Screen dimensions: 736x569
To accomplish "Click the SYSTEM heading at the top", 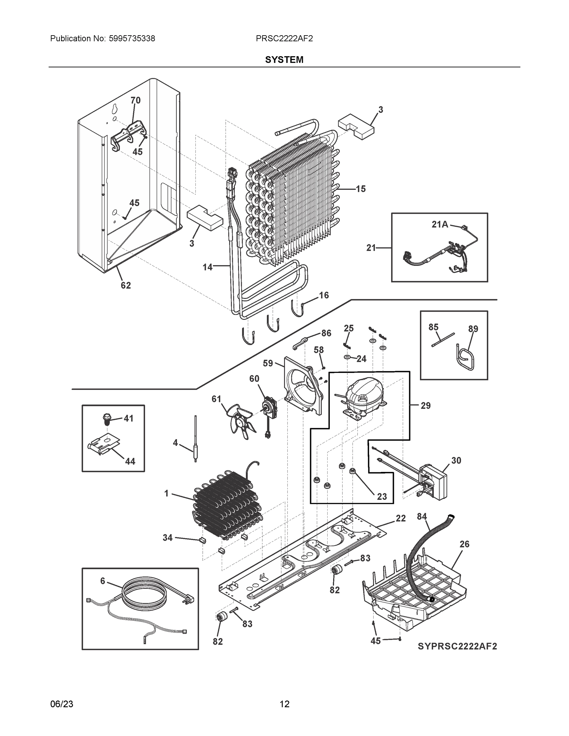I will click(284, 60).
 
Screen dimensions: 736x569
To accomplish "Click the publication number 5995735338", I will click(132, 39).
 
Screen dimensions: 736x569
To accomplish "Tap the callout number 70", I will click(135, 100).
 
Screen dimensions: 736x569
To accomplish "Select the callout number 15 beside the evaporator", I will click(360, 189).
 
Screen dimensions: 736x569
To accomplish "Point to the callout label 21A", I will click(440, 224).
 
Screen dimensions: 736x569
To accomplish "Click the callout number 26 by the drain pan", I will click(464, 544).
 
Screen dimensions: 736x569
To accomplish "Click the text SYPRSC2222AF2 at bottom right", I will click(457, 646).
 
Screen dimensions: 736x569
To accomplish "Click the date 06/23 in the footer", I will click(61, 704).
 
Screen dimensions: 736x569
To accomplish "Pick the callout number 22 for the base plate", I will click(401, 518).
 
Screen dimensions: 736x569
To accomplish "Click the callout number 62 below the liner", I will click(126, 286).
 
